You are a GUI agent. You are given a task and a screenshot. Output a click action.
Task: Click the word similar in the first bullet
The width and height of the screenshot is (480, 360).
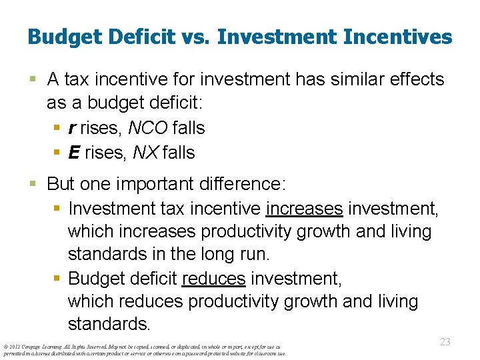coord(345,79)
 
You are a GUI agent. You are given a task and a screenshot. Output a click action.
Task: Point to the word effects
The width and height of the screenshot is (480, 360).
coord(414,79)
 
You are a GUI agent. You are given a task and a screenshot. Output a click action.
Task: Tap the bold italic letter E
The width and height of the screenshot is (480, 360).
coord(74,153)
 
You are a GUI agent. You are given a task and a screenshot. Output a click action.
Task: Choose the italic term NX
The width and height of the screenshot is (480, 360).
coord(147,153)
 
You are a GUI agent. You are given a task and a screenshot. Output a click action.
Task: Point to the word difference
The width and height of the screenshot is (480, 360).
coord(243,183)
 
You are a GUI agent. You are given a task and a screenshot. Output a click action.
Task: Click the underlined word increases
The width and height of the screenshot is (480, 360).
coord(304,208)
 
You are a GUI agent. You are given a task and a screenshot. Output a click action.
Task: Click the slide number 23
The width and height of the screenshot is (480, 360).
coord(445,341)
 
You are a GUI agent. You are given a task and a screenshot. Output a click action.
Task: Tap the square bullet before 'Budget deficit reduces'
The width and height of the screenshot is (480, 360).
coord(56,277)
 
